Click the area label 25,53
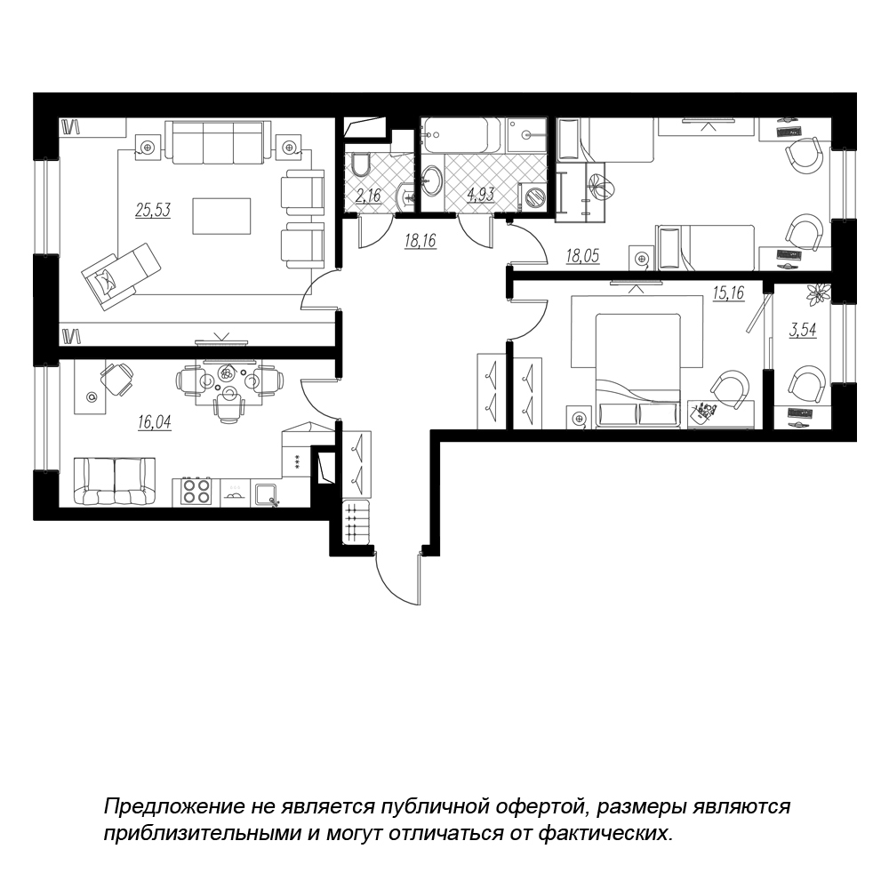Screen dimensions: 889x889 click(153, 211)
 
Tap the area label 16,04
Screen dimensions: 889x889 click(154, 421)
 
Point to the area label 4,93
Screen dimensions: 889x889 click(481, 194)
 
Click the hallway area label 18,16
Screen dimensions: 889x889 click(420, 241)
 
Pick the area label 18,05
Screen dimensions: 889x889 click(582, 256)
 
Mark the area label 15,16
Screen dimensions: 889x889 click(728, 293)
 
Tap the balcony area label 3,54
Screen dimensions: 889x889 click(803, 330)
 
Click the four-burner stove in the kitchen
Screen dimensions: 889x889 click(196, 491)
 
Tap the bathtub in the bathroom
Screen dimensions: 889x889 click(461, 135)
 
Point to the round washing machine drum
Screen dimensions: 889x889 click(534, 196)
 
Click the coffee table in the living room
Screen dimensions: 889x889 click(221, 216)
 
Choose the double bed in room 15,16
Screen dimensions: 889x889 click(637, 371)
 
